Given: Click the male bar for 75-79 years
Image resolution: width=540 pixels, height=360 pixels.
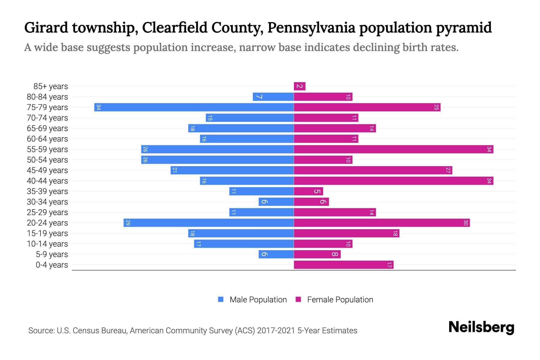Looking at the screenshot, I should (x=194, y=107).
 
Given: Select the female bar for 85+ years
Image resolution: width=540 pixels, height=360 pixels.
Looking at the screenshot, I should (x=299, y=86).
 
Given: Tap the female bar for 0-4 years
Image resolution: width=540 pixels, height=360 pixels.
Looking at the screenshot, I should (x=343, y=265).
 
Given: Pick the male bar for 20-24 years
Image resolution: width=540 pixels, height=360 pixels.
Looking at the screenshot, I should (x=208, y=223).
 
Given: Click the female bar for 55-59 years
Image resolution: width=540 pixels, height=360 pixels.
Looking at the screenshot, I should (x=393, y=149).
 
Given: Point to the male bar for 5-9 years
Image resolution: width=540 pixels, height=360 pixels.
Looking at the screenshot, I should (x=276, y=254).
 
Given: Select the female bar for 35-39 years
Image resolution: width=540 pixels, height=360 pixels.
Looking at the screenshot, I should (x=308, y=191).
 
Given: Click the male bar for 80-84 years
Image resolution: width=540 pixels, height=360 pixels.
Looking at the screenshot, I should (x=273, y=97).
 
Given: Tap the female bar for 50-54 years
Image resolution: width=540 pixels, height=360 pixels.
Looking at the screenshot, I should (x=323, y=160).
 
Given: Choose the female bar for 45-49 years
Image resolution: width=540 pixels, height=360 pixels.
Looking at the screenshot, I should (x=373, y=170).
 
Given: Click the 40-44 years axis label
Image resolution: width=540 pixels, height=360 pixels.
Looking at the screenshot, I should (x=47, y=181).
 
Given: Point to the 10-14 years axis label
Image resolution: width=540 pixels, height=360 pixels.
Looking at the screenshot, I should (x=47, y=244).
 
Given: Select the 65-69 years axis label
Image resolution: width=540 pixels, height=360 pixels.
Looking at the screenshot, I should (x=47, y=128).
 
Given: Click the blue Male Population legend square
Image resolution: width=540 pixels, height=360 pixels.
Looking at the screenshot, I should (x=221, y=299).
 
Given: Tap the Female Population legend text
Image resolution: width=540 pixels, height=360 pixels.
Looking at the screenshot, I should (x=340, y=300).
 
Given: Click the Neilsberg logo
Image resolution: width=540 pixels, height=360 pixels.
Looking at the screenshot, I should (x=481, y=327).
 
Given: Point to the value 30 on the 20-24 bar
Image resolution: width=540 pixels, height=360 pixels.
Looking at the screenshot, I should (x=466, y=223).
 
